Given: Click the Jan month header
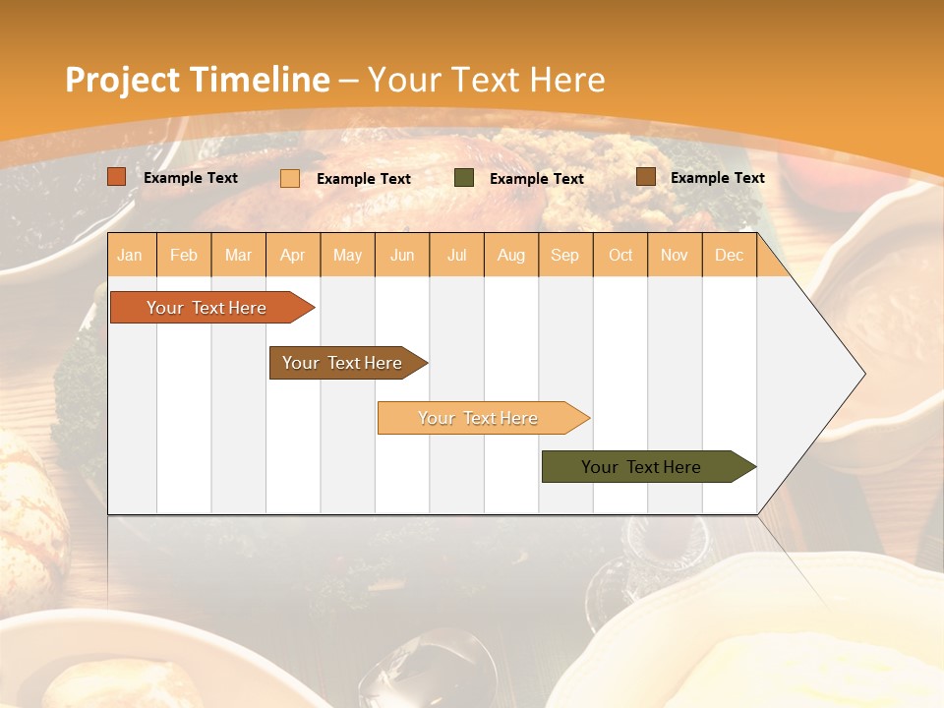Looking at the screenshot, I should click(x=130, y=255).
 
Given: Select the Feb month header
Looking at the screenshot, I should click(x=184, y=255).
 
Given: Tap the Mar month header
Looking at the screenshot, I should click(x=238, y=255).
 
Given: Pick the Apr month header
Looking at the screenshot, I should click(x=293, y=255).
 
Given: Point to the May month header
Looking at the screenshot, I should click(x=347, y=255).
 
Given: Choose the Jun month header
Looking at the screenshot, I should click(x=402, y=255).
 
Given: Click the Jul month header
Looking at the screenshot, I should click(x=456, y=255).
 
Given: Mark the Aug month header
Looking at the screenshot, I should click(x=511, y=255).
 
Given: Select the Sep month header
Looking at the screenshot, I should click(x=565, y=255).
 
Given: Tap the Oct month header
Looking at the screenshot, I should click(x=620, y=255).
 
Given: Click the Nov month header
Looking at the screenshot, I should click(x=675, y=255).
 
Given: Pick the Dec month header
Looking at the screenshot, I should click(x=730, y=255).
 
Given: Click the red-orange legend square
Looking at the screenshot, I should click(x=117, y=177).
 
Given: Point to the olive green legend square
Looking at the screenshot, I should click(x=464, y=178).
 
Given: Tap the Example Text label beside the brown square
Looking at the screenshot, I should click(x=717, y=178).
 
